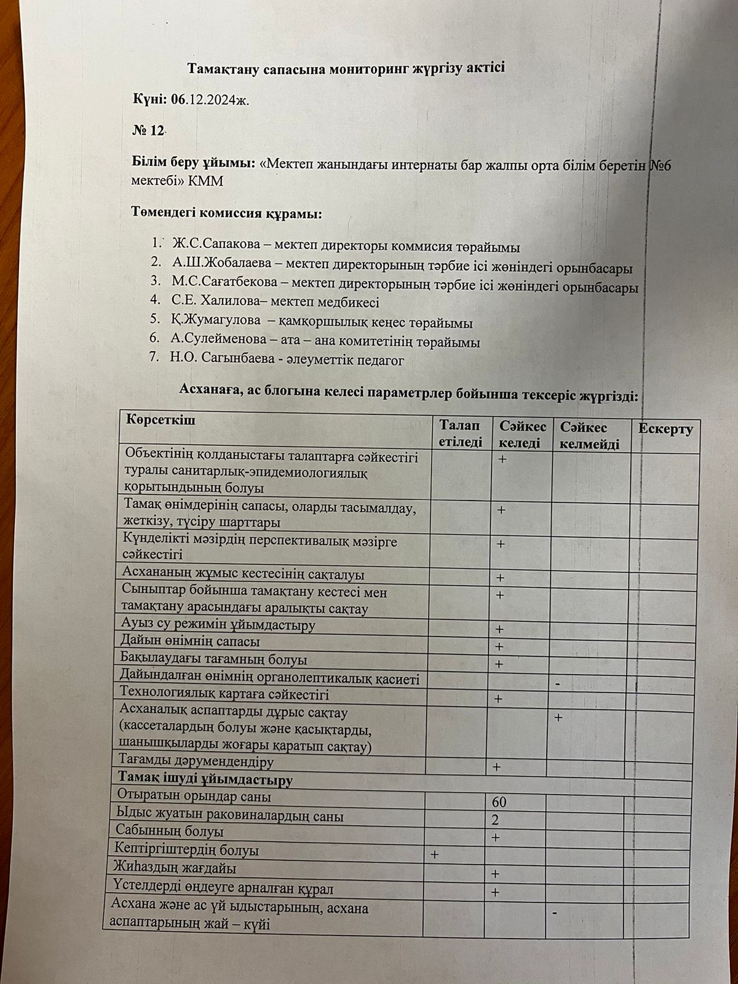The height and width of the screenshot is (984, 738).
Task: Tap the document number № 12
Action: pyautogui.click(x=149, y=130)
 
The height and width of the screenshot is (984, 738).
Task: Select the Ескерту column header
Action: pyautogui.click(x=665, y=429)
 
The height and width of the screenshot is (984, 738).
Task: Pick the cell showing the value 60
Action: pyautogui.click(x=499, y=803)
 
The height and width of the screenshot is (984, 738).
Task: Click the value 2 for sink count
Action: pyautogui.click(x=495, y=820)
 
